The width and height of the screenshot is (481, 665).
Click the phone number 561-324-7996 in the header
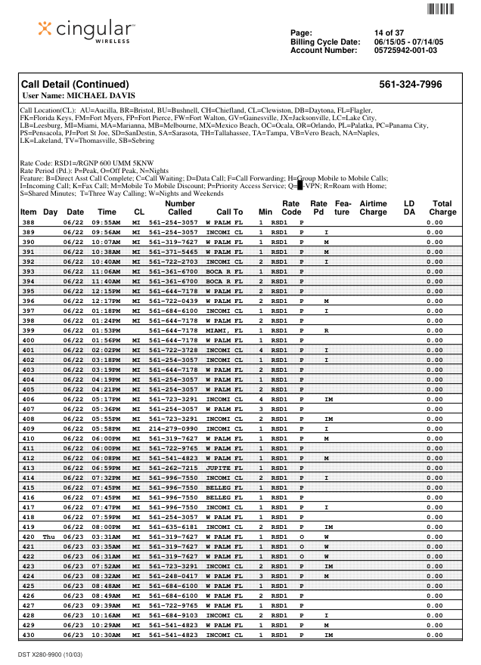click(410, 85)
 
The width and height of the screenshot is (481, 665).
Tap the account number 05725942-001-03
click(405, 51)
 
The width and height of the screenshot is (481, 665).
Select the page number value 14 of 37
click(389, 32)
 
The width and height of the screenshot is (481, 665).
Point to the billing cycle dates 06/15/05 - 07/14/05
click(408, 42)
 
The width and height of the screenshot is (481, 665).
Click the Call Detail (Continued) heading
click(75, 85)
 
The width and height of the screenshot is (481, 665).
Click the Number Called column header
click(179, 208)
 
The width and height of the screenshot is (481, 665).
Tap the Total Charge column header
click(442, 208)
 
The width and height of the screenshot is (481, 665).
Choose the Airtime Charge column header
click(373, 208)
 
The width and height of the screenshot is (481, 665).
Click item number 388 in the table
click(29, 223)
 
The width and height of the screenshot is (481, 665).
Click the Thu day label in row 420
click(49, 537)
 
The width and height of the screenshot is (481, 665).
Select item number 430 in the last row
click(29, 635)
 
